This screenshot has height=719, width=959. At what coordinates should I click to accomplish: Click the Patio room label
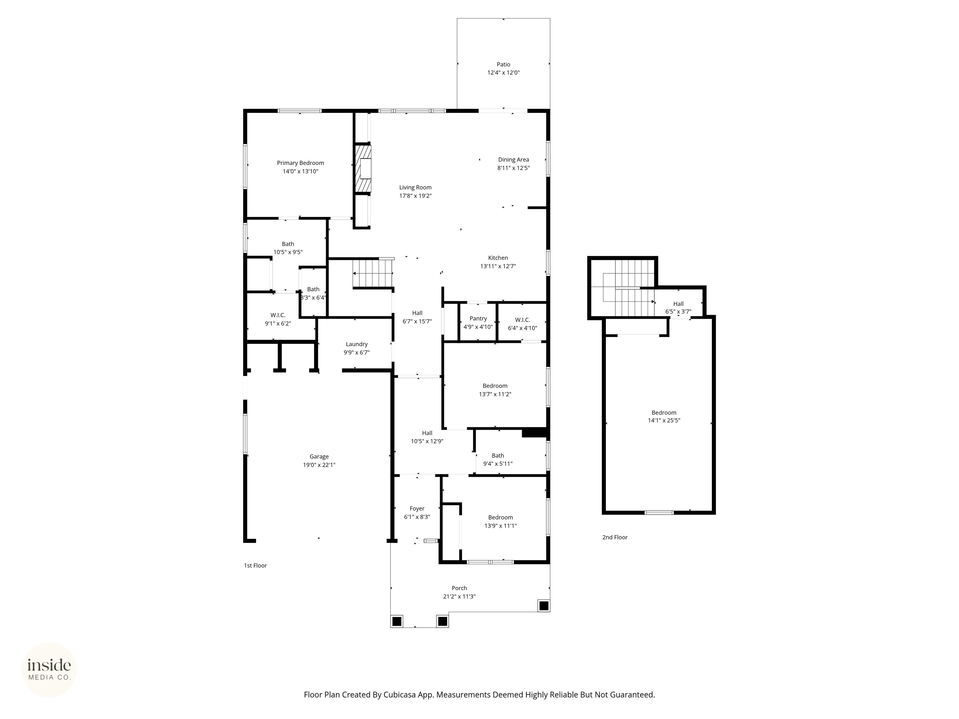tap(503, 65)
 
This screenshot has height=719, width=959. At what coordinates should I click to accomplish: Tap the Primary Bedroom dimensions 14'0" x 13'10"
tap(300, 171)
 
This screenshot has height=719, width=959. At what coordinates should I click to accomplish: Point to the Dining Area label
tap(513, 159)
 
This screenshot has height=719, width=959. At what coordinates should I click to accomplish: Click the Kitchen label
tap(498, 258)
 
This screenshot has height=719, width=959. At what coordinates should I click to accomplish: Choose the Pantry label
tap(478, 319)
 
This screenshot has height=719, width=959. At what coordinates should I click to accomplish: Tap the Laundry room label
tap(357, 344)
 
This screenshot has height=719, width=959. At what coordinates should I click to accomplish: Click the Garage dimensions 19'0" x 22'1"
tap(319, 465)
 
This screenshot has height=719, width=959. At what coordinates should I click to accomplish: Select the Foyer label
tap(417, 509)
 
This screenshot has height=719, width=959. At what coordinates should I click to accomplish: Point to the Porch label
tap(459, 588)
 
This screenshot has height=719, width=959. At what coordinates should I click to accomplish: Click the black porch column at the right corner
tap(544, 605)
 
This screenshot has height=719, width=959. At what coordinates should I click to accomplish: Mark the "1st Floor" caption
tap(255, 565)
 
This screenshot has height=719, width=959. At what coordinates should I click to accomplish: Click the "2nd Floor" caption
tap(615, 537)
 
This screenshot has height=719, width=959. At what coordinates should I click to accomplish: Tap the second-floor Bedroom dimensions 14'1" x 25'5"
tap(664, 420)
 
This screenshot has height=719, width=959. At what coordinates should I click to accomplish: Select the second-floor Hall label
tap(678, 304)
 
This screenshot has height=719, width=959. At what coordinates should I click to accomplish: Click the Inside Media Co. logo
tap(49, 670)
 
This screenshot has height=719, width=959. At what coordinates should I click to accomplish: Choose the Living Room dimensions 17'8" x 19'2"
tap(415, 196)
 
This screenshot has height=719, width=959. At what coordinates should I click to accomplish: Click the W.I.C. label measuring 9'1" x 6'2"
tap(278, 315)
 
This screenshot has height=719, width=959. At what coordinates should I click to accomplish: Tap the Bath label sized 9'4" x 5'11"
tap(498, 456)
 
